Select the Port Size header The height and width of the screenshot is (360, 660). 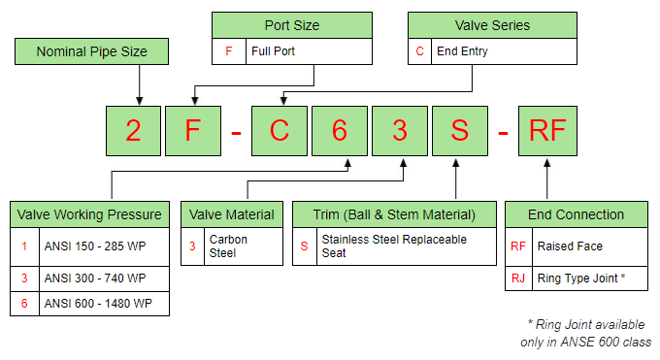point(291,25)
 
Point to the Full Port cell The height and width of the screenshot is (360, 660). point(307,51)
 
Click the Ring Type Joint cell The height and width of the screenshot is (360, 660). point(590,277)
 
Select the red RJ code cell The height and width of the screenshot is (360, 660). point(518,277)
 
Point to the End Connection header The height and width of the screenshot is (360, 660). point(577,214)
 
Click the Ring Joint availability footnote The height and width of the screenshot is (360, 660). point(584,333)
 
